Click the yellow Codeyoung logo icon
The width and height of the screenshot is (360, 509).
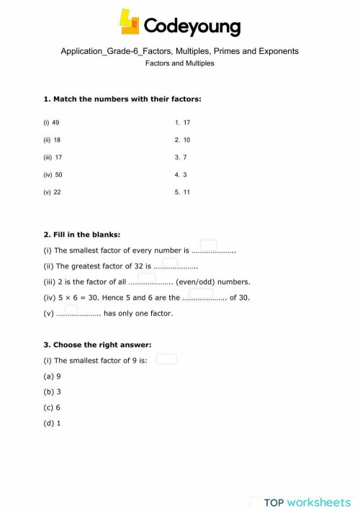tap(130, 22)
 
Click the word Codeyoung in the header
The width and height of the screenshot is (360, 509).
tap(192, 27)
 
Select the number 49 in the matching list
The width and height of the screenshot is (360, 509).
tap(55, 123)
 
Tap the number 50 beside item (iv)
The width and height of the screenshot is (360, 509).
tap(58, 175)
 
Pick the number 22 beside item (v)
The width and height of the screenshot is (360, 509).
tap(58, 192)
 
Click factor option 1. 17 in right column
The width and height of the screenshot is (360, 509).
tap(182, 123)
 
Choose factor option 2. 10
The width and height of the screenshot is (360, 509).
tap(182, 140)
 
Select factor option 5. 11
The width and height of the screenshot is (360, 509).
tap(182, 192)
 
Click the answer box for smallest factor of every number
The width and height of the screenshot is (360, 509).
tap(209, 246)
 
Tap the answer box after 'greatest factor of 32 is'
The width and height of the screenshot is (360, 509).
tap(170, 262)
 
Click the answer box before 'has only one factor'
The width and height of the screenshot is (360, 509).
tap(71, 310)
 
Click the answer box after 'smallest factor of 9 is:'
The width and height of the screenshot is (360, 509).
tap(166, 359)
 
